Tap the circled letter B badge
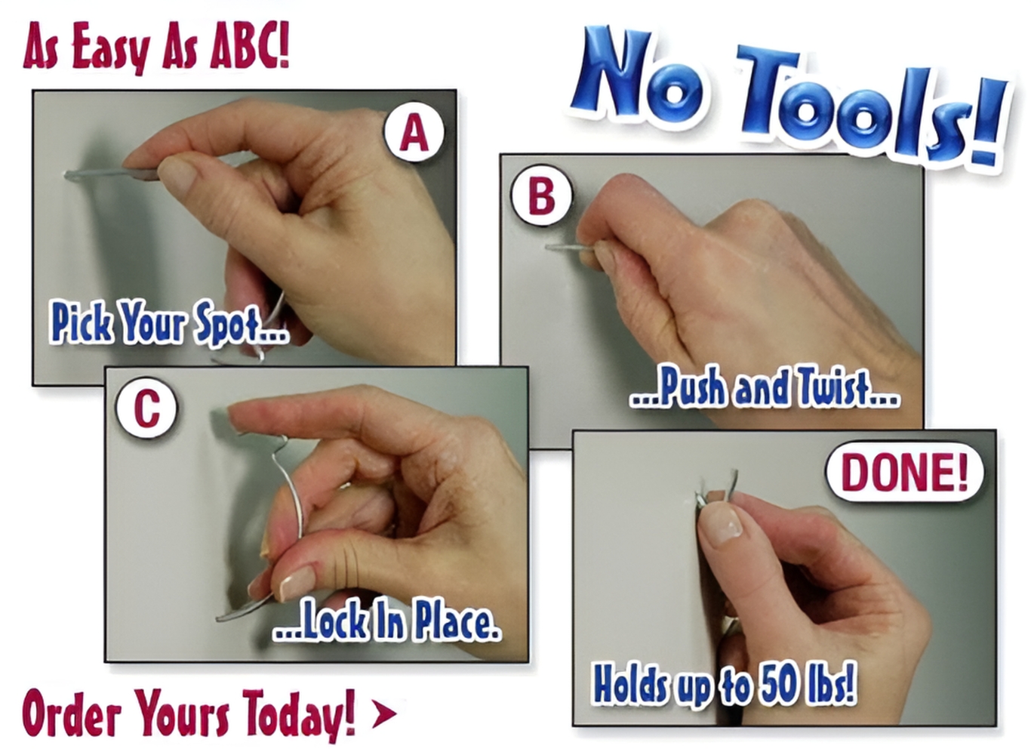point(541,196)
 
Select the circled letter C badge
point(146,408)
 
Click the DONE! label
point(904,473)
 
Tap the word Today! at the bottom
point(299,713)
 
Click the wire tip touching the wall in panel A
point(66,174)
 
